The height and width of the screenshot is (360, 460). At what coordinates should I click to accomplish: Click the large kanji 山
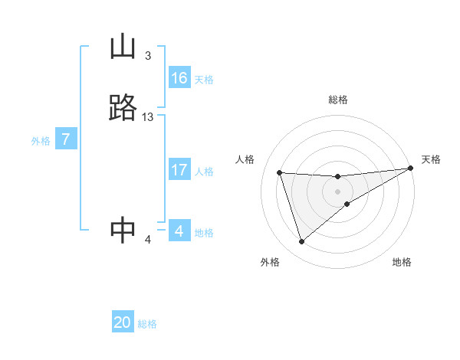123,48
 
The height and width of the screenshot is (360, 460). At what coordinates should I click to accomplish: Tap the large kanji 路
123,108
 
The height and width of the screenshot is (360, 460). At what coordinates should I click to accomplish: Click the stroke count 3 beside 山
147,56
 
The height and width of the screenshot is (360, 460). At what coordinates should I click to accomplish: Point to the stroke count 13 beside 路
148,116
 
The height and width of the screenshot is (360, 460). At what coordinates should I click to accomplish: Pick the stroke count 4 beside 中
148,240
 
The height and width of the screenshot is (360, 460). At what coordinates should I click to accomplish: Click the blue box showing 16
179,78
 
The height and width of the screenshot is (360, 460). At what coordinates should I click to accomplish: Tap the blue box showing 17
179,170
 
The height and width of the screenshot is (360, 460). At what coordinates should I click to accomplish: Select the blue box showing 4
179,231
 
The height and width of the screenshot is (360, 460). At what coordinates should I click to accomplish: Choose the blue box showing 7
66,140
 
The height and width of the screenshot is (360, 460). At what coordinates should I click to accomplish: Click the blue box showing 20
123,322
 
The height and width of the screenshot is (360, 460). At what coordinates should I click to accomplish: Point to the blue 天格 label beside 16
204,80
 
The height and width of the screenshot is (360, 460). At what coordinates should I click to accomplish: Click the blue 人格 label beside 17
205,172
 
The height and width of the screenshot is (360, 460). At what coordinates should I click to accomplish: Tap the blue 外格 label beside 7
41,141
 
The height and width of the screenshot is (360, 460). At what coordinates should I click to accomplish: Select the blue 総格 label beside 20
148,324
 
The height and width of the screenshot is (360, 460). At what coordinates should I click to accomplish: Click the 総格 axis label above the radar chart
338,100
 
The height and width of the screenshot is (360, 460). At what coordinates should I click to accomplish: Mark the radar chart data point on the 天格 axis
410,169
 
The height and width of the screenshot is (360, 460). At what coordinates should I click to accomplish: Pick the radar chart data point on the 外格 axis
301,242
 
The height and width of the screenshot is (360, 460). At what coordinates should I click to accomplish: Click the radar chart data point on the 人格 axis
280,172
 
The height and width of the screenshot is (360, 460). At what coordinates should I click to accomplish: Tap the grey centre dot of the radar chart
338,191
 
